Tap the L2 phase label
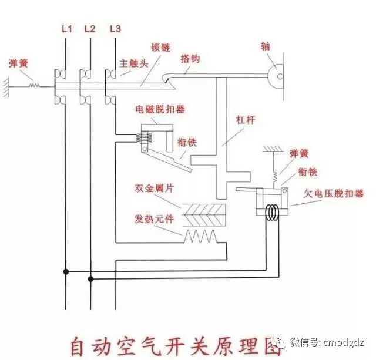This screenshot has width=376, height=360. (x=90, y=29)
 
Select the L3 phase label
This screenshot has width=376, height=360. (x=115, y=29)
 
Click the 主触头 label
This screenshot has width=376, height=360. (x=131, y=62)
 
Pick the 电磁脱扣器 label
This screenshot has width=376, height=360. (x=156, y=109)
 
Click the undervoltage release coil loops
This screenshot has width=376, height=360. (x=272, y=212)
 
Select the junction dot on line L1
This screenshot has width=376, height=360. (x=66, y=271)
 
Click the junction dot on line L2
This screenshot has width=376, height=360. (x=90, y=279)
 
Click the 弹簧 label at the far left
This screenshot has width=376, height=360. (x=19, y=62)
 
